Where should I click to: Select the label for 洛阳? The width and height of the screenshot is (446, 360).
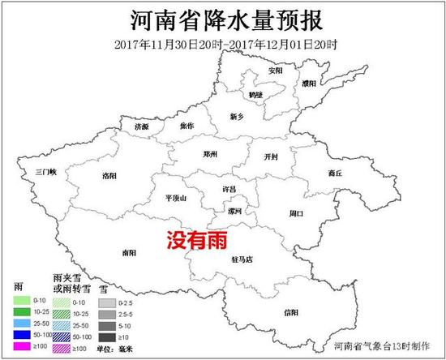click(x=110, y=176)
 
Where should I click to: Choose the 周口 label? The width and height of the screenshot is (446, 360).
click(x=296, y=213)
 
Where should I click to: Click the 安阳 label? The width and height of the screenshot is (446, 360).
click(x=276, y=71)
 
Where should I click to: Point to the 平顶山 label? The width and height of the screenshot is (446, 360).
click(x=175, y=197)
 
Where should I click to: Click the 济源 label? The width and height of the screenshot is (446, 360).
click(x=142, y=127)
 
